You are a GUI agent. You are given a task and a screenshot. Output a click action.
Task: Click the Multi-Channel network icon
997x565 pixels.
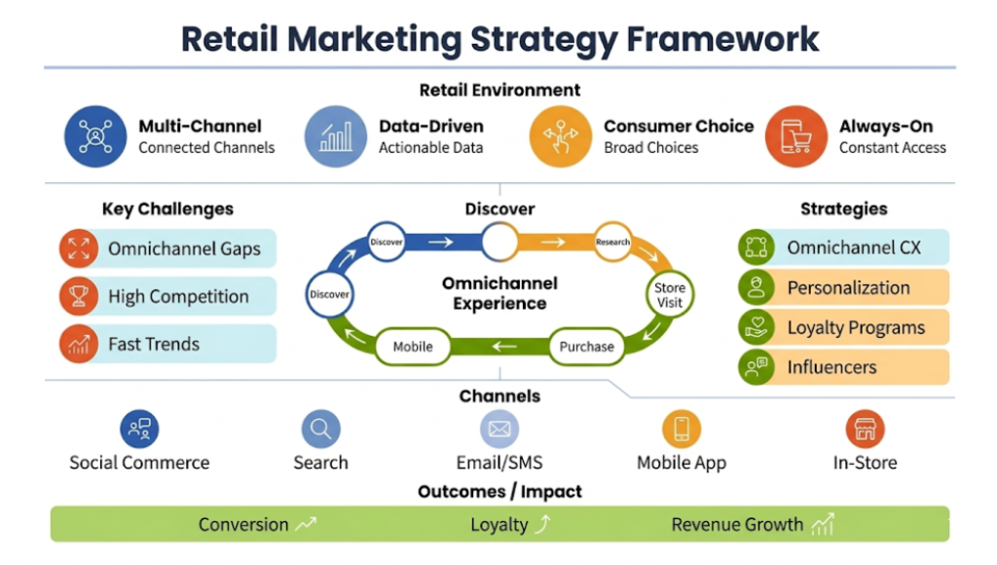95,136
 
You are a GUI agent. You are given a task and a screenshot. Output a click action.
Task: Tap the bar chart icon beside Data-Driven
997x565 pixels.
336,136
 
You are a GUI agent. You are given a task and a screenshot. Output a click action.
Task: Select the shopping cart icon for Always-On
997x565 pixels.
796,136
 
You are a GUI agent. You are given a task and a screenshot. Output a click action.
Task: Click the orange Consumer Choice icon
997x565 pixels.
561,136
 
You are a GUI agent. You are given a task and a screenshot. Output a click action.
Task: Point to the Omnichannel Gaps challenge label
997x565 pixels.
184,248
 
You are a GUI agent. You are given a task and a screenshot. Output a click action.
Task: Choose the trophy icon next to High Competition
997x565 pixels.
79,296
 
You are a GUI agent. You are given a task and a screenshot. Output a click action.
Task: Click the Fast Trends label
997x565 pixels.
154,344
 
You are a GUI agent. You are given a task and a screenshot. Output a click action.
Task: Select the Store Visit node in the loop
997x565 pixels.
670,295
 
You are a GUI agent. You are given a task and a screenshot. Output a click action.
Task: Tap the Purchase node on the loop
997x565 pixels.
586,346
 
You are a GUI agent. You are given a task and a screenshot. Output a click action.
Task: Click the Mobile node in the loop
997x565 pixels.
413,346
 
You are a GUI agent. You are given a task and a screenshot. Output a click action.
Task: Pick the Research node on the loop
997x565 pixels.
612,243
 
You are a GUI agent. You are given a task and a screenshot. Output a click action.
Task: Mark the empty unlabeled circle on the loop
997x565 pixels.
499,243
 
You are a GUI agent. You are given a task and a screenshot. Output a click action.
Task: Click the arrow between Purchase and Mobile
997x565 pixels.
503,346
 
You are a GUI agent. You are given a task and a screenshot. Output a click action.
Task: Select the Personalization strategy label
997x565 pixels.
848,288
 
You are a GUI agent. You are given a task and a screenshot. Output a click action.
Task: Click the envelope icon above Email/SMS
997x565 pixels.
499,429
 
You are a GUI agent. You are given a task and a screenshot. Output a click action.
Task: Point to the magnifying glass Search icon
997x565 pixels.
320,429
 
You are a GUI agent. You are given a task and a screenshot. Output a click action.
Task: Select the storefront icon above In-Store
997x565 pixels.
865,429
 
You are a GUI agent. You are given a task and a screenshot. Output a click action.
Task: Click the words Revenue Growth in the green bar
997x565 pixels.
737,525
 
